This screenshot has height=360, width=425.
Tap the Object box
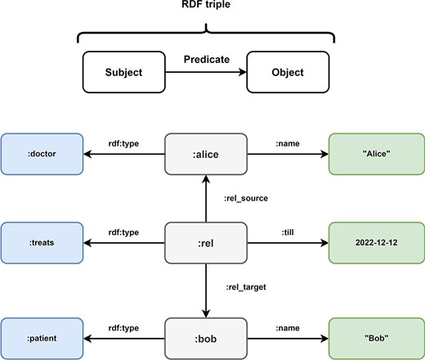288,72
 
